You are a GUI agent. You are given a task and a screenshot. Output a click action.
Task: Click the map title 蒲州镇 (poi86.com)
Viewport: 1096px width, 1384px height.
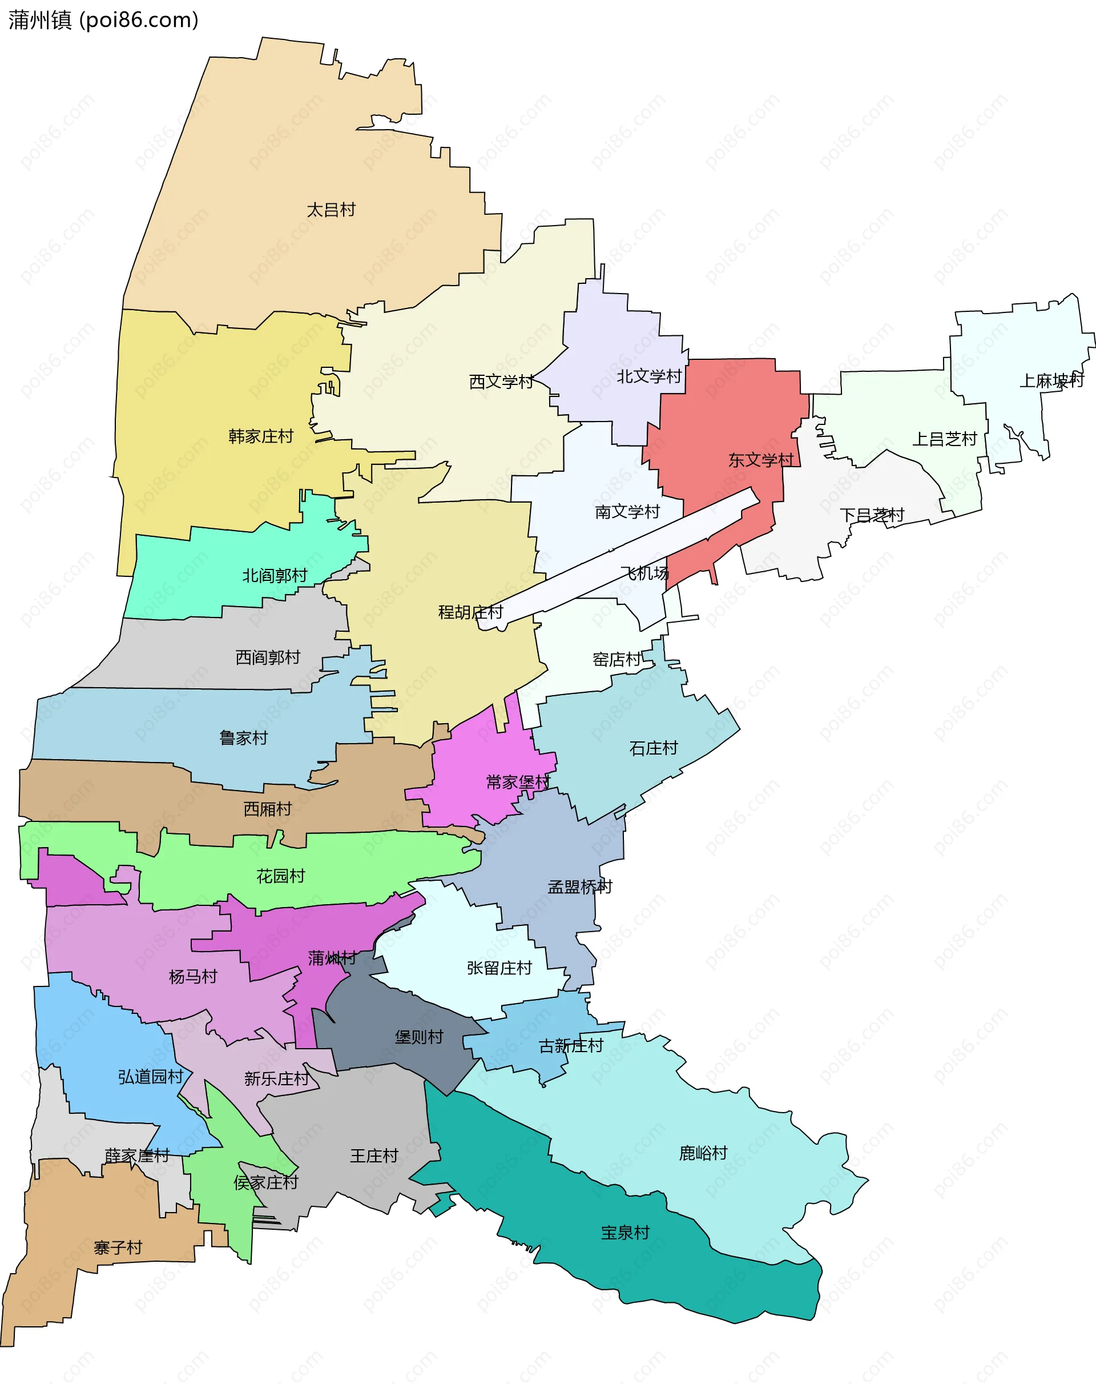103,21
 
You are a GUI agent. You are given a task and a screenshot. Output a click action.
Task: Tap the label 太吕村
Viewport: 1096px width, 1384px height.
331,210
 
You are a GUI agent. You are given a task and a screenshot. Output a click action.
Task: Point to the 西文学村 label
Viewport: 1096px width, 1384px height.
501,382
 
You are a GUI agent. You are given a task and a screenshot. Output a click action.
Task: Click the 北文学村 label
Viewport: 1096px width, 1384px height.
648,377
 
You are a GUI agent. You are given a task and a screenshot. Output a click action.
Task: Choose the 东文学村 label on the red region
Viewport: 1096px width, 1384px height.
760,460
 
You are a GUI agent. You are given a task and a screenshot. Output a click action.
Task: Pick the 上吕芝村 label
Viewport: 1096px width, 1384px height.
945,440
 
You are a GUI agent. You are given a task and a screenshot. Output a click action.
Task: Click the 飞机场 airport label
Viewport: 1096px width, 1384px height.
644,573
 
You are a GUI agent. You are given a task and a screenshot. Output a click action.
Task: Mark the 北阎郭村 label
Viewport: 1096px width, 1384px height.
275,576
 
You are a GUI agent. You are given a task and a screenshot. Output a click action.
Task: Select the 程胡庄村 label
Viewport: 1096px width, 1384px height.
470,612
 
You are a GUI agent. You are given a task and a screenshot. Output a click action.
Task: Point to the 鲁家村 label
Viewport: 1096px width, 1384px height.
243,738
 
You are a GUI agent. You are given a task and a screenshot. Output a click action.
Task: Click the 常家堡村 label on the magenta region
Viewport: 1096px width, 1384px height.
518,783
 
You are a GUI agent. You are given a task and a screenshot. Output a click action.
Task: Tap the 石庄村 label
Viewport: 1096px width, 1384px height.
653,748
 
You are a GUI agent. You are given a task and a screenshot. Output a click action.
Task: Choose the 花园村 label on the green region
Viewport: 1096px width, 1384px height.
280,876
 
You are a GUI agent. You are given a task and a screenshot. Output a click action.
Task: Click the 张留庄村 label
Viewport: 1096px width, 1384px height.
499,968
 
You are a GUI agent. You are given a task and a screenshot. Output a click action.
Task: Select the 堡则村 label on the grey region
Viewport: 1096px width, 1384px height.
418,1037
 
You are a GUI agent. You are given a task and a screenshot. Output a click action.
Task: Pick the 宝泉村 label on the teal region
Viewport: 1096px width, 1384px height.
625,1233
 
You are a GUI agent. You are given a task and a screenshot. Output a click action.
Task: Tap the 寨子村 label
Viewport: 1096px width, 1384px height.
118,1248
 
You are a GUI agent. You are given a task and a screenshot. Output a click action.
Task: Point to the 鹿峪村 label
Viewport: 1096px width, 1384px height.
703,1154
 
